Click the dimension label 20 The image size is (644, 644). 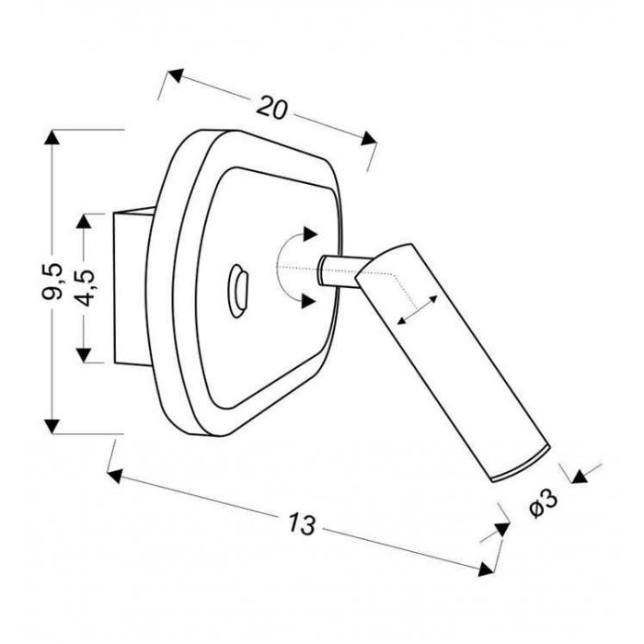272,108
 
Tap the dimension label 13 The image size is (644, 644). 302,523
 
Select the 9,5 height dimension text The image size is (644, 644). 52,281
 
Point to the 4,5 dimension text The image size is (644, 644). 86,288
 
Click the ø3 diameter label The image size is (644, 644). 544,503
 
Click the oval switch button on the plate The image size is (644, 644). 237,291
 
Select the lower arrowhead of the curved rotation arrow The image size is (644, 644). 308,301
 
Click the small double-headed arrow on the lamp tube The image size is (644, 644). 418,309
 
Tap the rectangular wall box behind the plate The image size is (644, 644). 132,287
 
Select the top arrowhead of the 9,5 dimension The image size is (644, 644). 52,137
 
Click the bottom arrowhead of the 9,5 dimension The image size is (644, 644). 52,426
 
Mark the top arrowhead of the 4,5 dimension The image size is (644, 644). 84,222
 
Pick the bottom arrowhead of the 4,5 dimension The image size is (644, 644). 84,355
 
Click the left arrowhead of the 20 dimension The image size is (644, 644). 176,75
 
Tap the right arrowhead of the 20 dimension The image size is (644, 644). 369,138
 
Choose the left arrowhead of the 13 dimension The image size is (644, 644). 115,476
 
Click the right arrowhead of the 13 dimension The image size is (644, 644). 486,569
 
